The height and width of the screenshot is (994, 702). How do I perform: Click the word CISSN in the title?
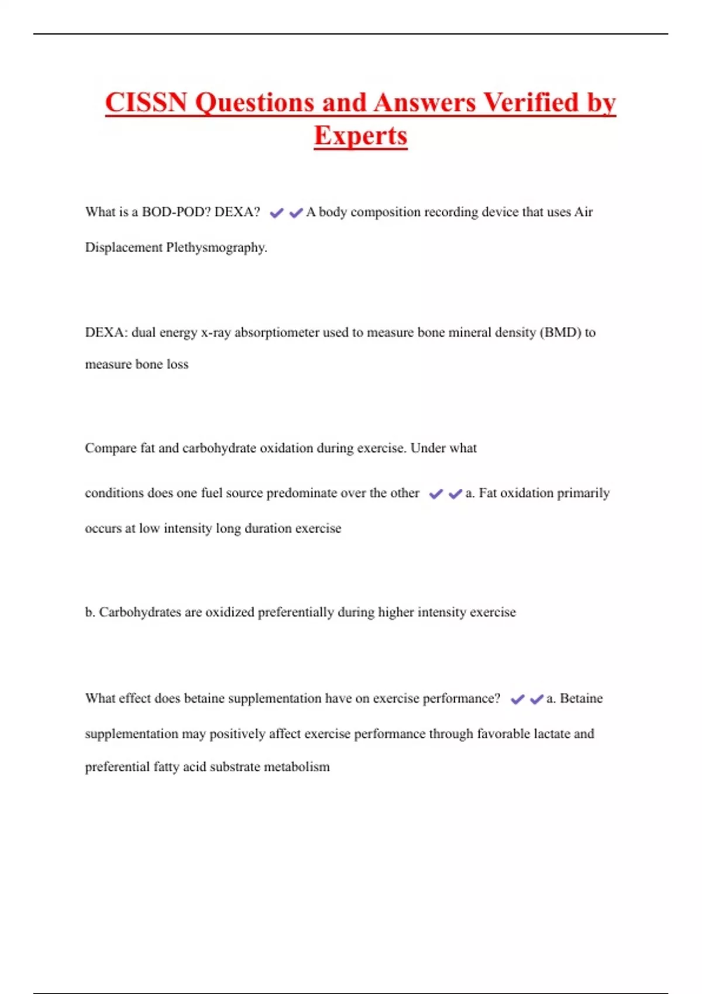[146, 103]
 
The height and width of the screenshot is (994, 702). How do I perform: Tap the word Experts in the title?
[360, 136]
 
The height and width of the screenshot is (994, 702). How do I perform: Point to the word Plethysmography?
[216, 248]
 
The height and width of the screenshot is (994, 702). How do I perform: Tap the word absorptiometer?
[277, 333]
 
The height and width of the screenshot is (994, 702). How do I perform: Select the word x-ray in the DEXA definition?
[216, 333]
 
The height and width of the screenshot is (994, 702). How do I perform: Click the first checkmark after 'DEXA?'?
[276, 213]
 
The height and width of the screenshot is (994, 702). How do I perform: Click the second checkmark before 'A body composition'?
[296, 213]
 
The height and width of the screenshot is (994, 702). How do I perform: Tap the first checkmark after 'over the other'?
[436, 494]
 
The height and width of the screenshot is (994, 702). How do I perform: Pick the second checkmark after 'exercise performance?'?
[536, 699]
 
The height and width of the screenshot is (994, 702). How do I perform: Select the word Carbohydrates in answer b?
[140, 612]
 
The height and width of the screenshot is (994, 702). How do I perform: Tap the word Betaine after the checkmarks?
[581, 699]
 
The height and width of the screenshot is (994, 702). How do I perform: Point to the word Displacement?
[124, 248]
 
